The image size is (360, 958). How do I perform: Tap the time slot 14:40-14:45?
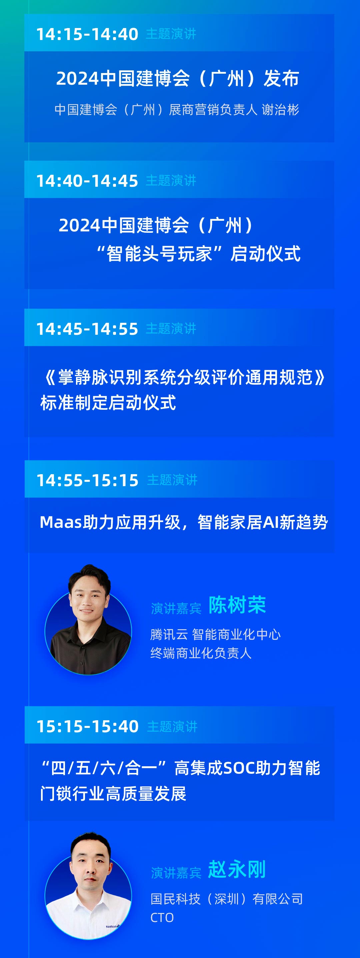point(87,181)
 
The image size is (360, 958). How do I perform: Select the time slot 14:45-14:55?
point(87,329)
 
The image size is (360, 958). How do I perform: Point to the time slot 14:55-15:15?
point(87,480)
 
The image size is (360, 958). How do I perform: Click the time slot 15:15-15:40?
point(87,726)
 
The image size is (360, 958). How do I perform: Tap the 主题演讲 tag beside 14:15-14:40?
point(171,34)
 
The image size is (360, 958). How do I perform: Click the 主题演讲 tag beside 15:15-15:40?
point(172,726)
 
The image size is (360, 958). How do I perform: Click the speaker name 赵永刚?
point(237,869)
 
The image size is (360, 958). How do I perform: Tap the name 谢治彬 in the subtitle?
point(280,110)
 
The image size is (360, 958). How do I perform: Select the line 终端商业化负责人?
point(201,653)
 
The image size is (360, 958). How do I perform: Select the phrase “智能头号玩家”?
point(159,254)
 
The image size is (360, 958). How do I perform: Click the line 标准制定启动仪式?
point(108,403)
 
